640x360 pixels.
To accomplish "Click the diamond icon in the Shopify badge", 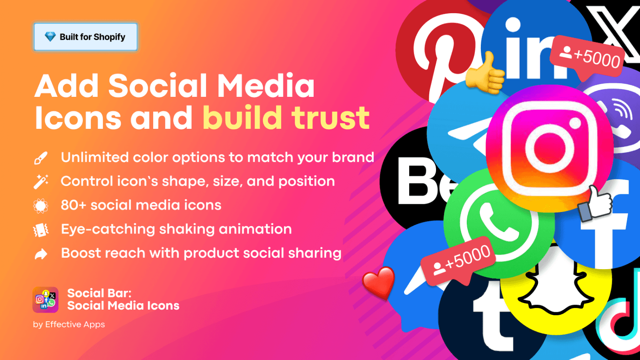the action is [50, 37].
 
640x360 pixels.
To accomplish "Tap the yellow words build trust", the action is [286, 118].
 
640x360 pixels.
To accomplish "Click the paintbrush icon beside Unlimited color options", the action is [41, 158].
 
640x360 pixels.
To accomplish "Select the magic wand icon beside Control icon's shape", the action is [41, 182].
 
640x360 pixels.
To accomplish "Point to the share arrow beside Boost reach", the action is [41, 254].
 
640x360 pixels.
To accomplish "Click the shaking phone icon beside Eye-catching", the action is [41, 230].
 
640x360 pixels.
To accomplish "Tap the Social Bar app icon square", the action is [45, 300].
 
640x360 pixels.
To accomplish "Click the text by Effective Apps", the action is [69, 325].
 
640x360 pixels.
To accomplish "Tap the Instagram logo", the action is [550, 148].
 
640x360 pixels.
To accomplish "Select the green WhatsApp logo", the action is [499, 223].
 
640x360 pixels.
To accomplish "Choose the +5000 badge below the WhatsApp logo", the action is [458, 261].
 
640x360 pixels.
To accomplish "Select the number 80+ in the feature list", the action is [73, 205].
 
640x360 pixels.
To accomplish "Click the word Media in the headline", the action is [266, 86].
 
